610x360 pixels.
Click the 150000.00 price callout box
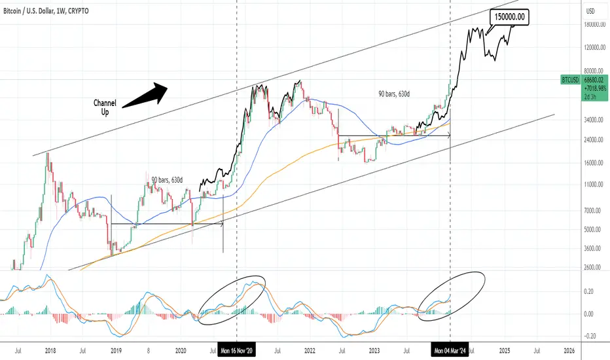coord(509,17)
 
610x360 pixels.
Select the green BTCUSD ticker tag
coord(570,80)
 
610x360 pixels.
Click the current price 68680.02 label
coord(594,80)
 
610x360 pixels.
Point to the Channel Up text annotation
coord(105,107)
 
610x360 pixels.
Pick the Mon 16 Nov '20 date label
coord(236,351)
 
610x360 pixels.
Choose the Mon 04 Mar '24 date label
coord(450,351)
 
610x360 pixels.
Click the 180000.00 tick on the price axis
coord(594,24)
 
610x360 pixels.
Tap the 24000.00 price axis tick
coord(594,139)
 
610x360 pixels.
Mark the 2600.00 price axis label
coord(594,267)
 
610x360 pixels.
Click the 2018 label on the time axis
coord(50,351)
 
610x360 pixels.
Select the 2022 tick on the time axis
coord(310,351)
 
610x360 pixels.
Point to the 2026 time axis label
coord(569,351)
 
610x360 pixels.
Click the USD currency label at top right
coord(590,11)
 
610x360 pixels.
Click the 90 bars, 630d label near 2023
coord(394,94)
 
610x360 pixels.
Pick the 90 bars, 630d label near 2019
coord(167,180)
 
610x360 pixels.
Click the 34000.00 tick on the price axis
coord(594,120)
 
